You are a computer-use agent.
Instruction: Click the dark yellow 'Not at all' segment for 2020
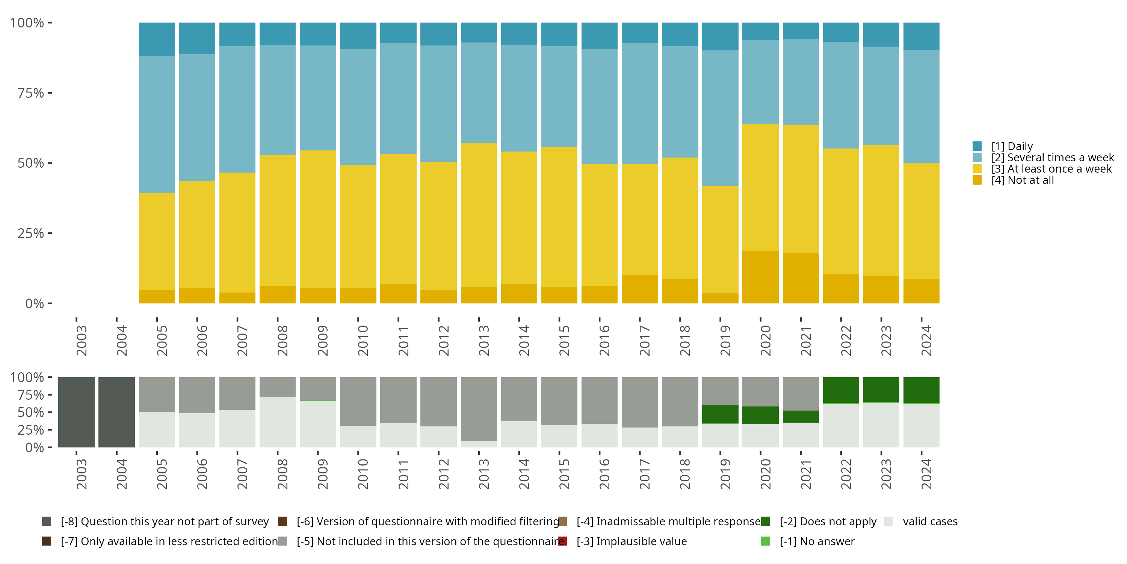click(x=760, y=277)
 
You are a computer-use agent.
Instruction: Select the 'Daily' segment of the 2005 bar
click(x=157, y=39)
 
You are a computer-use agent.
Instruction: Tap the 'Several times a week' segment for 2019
click(x=720, y=118)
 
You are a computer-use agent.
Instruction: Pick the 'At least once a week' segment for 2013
click(x=479, y=215)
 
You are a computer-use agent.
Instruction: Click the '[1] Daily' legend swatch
click(x=977, y=146)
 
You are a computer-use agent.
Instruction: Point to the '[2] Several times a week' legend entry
click(x=1052, y=158)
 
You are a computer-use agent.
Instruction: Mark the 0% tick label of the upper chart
click(x=35, y=303)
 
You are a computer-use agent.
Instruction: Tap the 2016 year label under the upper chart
click(x=604, y=340)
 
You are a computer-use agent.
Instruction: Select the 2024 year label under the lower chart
click(x=926, y=474)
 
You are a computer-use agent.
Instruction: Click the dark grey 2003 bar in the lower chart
click(x=76, y=412)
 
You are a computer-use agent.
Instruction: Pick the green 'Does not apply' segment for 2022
click(x=841, y=390)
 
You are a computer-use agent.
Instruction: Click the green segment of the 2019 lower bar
click(x=720, y=414)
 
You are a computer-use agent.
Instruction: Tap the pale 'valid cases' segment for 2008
click(x=277, y=422)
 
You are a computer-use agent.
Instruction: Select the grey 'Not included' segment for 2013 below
click(x=479, y=409)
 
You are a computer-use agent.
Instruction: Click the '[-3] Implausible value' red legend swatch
click(x=563, y=541)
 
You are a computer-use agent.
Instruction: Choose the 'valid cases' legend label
click(x=930, y=522)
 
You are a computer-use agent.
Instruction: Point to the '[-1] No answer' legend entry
click(x=817, y=541)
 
